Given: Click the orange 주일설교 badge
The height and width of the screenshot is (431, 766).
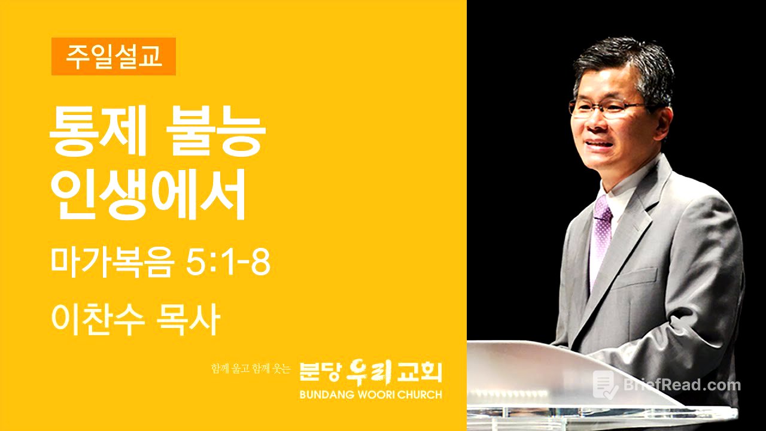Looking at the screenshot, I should pyautogui.click(x=113, y=56).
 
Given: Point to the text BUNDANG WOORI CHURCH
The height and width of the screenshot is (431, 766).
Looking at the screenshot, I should pyautogui.click(x=371, y=395).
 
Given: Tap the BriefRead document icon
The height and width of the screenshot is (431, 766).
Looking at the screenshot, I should pyautogui.click(x=605, y=384).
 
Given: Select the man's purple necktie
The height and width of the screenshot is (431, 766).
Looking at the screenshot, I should pyautogui.click(x=600, y=233).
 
